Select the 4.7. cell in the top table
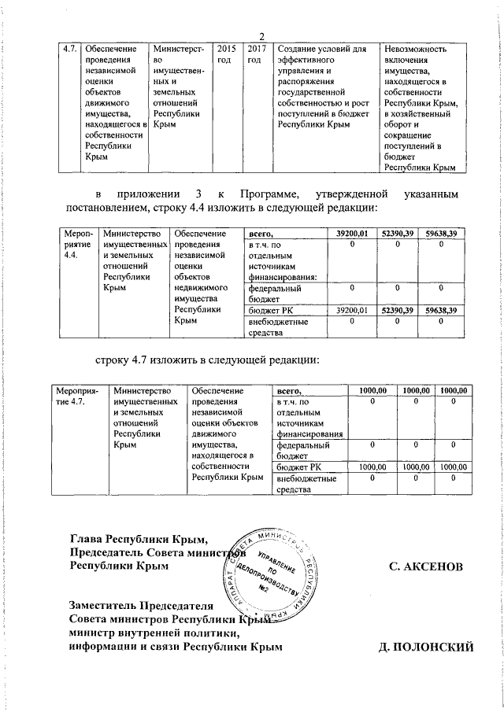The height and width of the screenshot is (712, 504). [69, 50]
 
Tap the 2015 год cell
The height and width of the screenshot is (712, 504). [224, 55]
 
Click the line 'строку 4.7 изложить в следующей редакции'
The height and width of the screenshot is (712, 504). [207, 360]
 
